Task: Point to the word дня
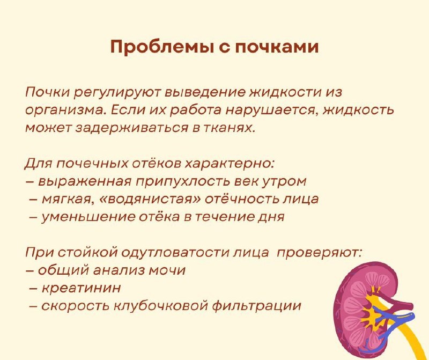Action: coord(270,217)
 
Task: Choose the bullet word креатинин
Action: coord(81,288)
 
